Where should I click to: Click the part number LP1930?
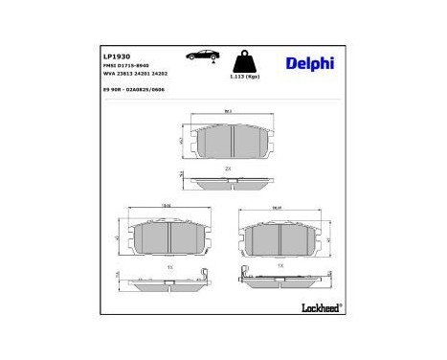pos(116,57)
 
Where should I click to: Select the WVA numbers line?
pos(133,76)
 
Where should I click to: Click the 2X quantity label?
pos(228,169)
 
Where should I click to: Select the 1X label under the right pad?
pos(279,263)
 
